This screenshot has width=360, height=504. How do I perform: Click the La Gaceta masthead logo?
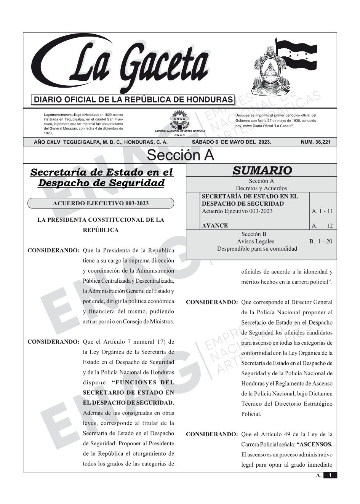(x=122, y=63)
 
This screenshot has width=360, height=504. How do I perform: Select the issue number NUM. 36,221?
(x=315, y=142)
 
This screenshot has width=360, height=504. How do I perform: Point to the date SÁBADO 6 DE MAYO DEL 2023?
(x=231, y=142)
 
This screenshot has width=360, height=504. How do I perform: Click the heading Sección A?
(x=180, y=155)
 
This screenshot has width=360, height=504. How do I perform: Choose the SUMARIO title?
(x=262, y=171)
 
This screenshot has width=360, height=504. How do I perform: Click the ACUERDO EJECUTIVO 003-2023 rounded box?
(x=101, y=203)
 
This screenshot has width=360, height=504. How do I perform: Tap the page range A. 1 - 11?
(x=322, y=211)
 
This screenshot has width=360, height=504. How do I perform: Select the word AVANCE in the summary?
(x=215, y=226)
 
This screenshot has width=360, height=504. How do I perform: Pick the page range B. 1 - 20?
(x=321, y=241)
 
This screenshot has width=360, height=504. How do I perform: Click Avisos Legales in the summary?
(x=255, y=241)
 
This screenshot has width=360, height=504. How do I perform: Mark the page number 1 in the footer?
(x=330, y=475)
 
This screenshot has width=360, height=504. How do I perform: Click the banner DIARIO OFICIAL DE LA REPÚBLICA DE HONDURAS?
(x=133, y=100)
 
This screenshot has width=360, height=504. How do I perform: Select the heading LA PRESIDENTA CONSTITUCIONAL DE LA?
(x=101, y=220)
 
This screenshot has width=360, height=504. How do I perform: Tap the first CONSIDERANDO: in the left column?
(x=53, y=251)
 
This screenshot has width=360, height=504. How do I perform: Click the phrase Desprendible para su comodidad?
(x=257, y=249)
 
